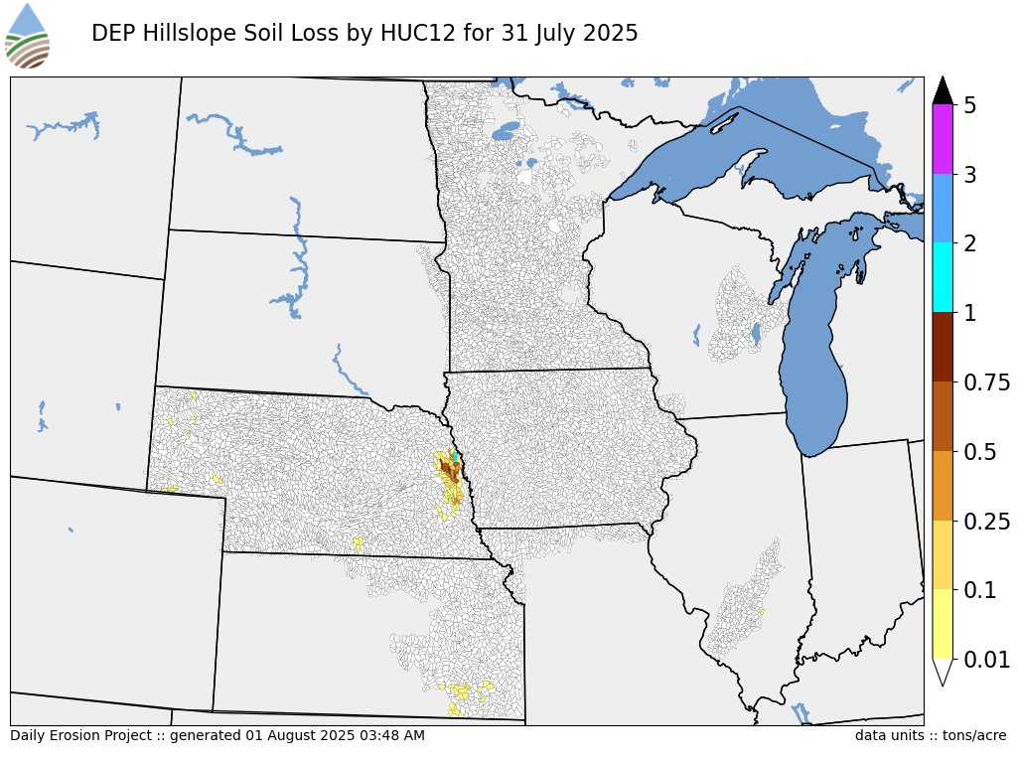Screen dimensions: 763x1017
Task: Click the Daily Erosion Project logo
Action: coord(27,36)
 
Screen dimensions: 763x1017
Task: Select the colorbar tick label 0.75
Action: coord(986,382)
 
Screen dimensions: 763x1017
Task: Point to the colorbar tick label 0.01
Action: coord(986,660)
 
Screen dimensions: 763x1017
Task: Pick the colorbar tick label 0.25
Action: coord(986,522)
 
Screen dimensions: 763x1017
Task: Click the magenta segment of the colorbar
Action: coord(944,139)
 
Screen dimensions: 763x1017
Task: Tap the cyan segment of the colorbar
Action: coord(944,278)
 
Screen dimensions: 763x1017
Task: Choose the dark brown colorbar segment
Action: coord(944,348)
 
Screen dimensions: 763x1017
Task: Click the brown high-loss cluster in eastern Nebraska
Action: coord(450,469)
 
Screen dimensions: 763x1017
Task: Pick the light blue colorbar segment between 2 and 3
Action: coord(944,209)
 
